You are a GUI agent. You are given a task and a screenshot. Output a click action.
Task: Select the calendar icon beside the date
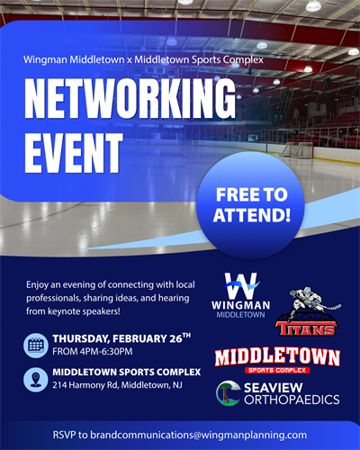click(x=36, y=345)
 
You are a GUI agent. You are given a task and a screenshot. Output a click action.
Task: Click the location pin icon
click(x=36, y=379)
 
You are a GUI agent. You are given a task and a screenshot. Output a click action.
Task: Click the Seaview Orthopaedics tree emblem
click(x=227, y=392)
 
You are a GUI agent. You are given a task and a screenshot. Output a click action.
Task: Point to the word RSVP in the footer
click(x=67, y=434)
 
